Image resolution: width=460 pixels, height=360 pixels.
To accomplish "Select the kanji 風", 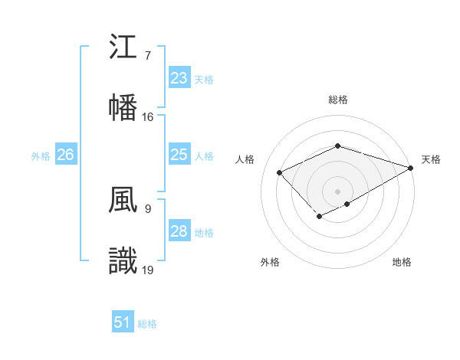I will point(123,201).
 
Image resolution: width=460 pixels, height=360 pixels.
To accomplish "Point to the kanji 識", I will point(123,260).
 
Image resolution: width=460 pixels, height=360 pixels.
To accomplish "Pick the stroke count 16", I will point(148,117).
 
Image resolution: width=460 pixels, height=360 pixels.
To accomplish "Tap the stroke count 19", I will point(148,270).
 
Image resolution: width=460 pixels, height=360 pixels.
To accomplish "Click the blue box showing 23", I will point(179,78).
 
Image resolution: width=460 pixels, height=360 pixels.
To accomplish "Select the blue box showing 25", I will point(179,155).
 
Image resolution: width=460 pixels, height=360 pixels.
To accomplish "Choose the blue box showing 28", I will point(179,231).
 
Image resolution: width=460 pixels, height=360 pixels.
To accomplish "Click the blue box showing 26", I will point(65,155).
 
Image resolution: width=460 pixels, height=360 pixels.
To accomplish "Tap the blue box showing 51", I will point(123,322).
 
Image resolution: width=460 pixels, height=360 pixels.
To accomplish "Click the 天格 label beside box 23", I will point(204,79).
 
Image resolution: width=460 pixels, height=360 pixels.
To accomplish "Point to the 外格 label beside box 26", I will point(41,155).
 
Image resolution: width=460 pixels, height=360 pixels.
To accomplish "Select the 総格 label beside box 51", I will point(147,323).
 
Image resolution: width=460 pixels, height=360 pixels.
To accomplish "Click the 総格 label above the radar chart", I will point(337,100).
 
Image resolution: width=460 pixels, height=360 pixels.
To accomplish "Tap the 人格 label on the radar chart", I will point(245,159).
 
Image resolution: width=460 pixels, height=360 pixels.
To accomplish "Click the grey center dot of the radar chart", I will point(337,191).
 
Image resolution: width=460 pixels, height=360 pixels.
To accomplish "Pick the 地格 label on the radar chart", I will point(402,263).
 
